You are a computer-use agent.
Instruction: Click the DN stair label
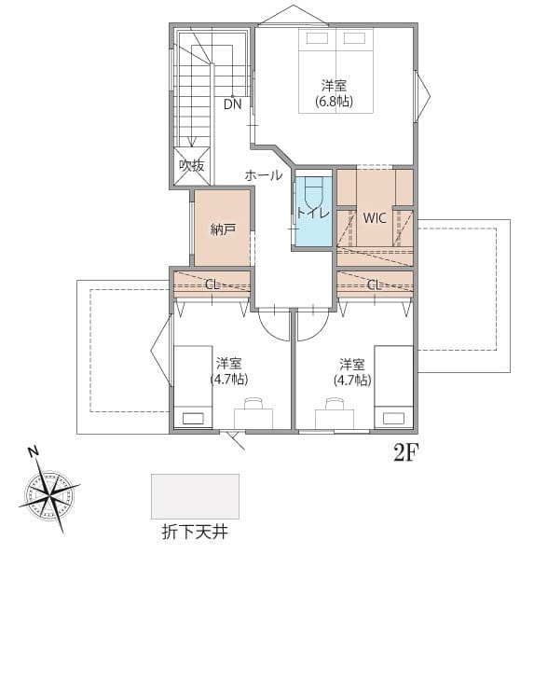point(233,104)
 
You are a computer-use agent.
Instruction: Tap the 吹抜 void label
point(192,165)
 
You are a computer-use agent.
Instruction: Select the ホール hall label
point(264,175)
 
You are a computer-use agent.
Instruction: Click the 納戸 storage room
point(223,229)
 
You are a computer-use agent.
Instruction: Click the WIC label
point(375,218)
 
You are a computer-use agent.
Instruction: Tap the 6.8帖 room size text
point(334,102)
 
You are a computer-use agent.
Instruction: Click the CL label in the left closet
point(212,284)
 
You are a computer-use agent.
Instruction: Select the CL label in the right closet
point(374,285)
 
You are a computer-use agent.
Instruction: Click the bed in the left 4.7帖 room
point(193,387)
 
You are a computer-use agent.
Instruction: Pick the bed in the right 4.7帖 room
point(393,387)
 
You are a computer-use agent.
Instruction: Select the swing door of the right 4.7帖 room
point(312,325)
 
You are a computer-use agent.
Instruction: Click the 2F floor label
point(405,453)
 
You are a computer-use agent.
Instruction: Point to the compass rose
point(50,492)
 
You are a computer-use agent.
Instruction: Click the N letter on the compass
point(34,451)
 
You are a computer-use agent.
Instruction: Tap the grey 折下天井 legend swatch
point(195,496)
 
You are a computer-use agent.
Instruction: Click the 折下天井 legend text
point(195,533)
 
